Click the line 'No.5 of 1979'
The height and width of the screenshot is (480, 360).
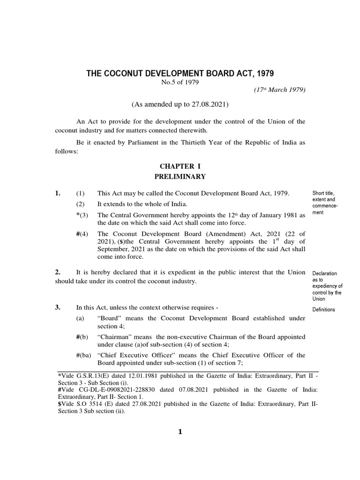pos(180,83)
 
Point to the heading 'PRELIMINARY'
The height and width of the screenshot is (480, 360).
pos(180,176)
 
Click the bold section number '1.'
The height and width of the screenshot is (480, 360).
pos(58,193)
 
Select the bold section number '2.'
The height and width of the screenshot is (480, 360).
pos(58,272)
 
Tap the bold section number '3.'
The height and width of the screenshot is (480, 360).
pos(58,307)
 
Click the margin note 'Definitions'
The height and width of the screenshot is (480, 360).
pos(323,309)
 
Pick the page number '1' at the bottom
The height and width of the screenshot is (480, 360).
pos(179,432)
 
